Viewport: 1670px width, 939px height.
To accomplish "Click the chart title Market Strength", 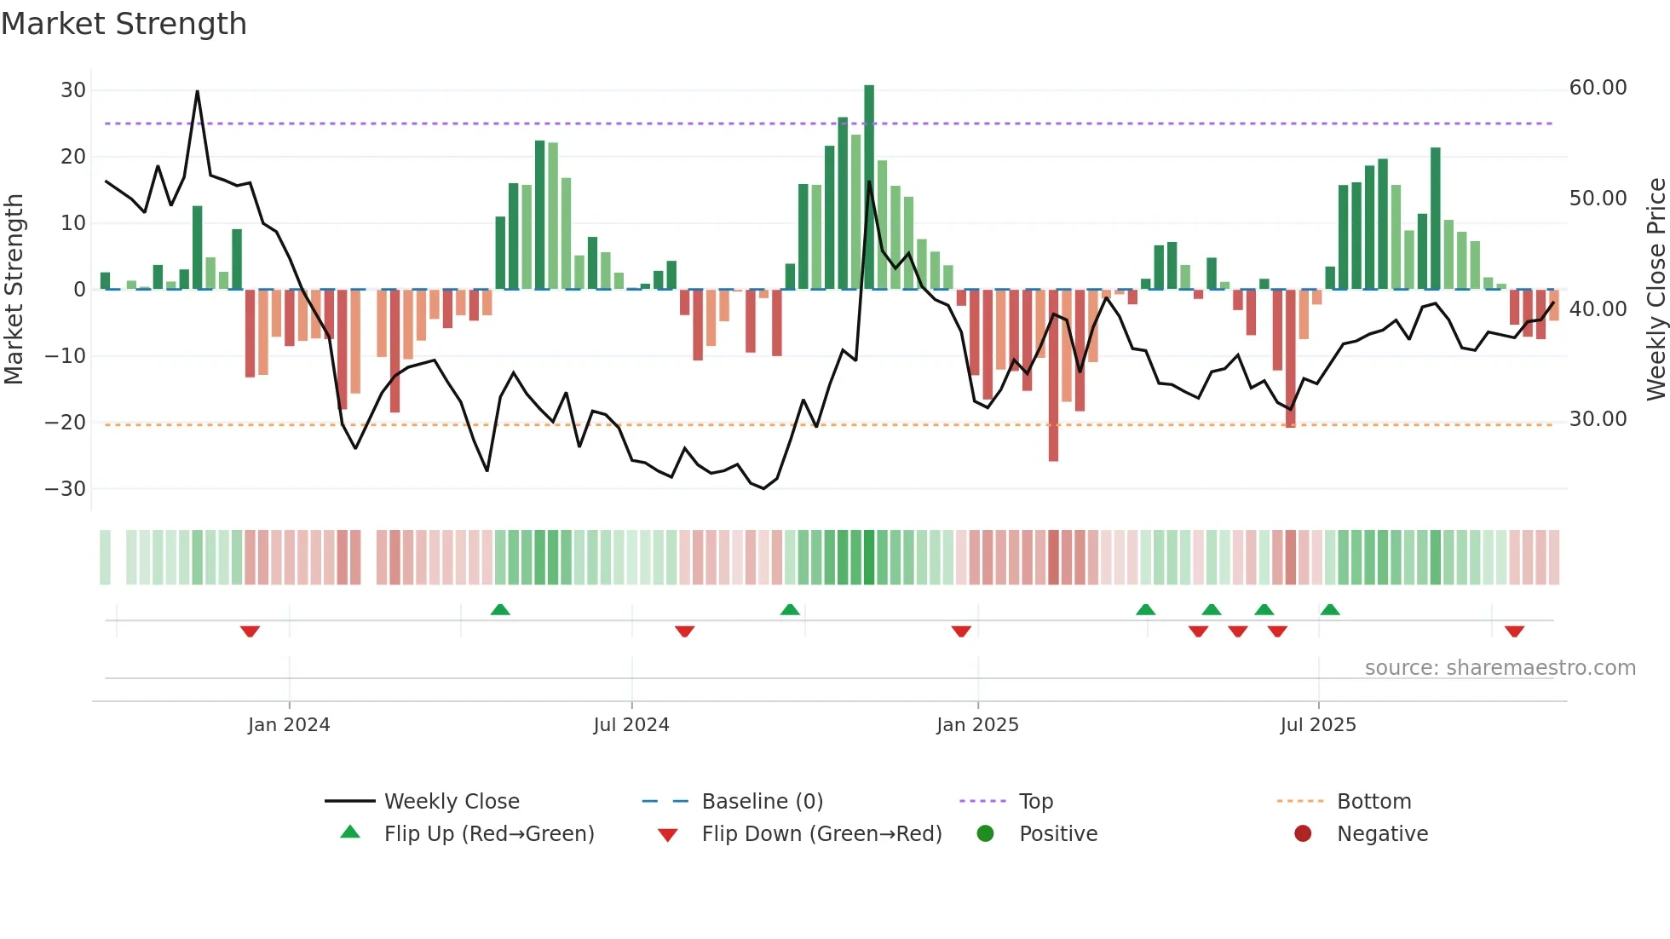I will click(124, 24).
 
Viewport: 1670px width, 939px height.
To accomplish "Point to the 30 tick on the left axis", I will click(73, 90).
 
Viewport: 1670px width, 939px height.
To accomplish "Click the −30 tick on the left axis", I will click(66, 489).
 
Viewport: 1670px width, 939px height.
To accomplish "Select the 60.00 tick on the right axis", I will click(1598, 88).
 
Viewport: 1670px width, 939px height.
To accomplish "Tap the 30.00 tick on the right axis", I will click(1598, 419).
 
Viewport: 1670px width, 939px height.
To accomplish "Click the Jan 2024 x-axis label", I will click(289, 725).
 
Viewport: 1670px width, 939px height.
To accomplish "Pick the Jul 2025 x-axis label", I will click(1317, 725).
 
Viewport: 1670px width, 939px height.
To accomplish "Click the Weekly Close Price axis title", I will click(1656, 290).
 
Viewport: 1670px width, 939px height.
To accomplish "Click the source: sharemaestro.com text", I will click(1500, 668).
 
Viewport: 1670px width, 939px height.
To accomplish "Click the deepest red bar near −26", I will click(1053, 375).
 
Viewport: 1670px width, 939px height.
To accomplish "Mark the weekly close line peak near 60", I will click(198, 91).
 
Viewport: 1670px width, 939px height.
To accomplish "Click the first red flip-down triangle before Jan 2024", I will click(250, 631).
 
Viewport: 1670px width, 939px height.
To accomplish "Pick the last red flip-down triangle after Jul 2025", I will click(1514, 631).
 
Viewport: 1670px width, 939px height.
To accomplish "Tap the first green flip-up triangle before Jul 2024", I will click(500, 609).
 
